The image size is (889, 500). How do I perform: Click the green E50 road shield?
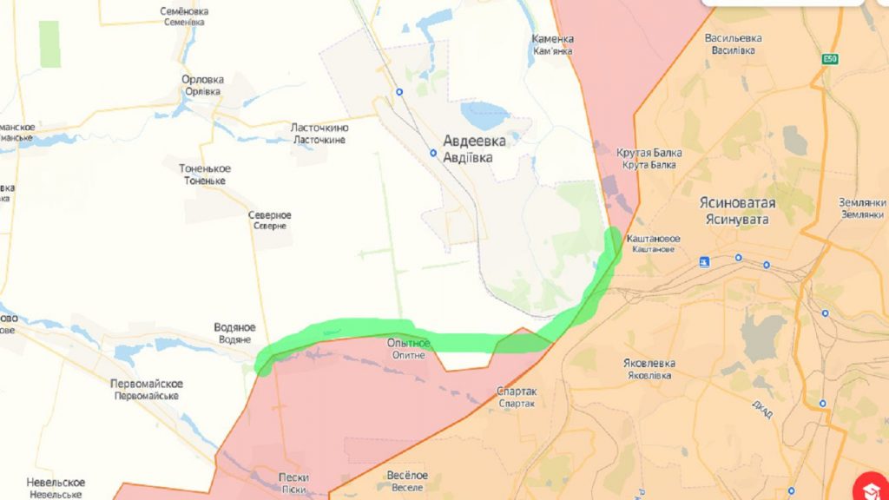point(833,59)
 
